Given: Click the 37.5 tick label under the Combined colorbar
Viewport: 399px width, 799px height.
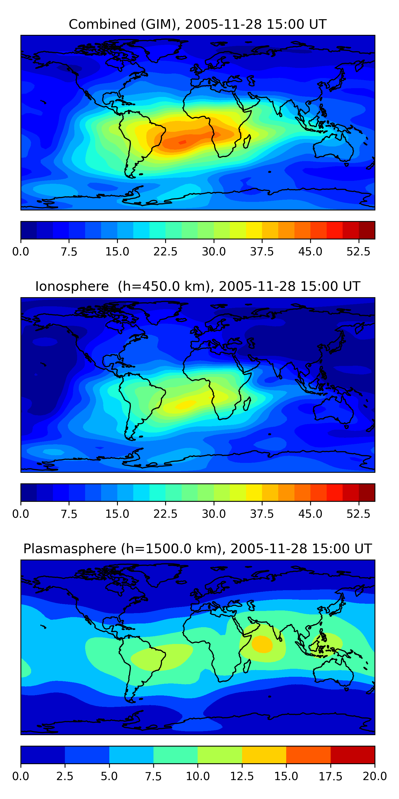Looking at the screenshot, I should coord(262,251).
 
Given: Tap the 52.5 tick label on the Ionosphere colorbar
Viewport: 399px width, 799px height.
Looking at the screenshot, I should coord(358,514).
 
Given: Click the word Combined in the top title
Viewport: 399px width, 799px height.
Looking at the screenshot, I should coord(102,24).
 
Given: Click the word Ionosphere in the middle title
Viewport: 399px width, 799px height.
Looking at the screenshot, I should coord(72,286).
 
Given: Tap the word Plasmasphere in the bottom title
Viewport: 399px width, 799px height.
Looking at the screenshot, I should coord(70,549).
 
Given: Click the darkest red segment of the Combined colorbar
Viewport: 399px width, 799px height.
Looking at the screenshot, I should coord(367,230).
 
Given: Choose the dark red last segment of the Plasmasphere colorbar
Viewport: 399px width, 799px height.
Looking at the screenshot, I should coord(352,755).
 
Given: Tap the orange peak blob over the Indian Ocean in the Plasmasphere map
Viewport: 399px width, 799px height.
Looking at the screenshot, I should coord(262,644).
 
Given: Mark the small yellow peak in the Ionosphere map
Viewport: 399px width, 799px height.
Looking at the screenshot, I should coord(185,404).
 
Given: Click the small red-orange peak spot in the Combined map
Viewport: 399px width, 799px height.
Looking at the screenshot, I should coord(183,142).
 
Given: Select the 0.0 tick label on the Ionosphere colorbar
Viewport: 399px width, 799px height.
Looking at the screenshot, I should coord(20,514).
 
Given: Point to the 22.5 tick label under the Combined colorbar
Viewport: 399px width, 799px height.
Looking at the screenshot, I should coord(165,251).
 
